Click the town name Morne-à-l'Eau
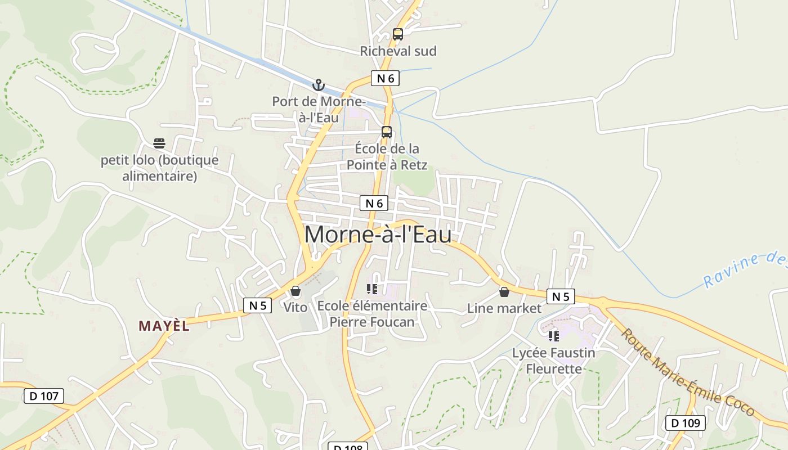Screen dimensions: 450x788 pos(378,235)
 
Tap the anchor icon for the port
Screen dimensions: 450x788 pos(319,85)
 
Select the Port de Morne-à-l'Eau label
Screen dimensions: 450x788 pos(319,110)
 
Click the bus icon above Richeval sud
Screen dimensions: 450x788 pos(398,34)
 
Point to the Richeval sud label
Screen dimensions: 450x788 pos(398,51)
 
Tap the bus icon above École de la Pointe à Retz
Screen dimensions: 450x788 pos(387,132)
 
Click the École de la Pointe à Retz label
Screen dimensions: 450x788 pos(387,157)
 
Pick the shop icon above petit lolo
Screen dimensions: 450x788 pos(159,143)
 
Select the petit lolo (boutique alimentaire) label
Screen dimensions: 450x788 pos(160,168)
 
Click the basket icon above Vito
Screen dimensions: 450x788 pos(295,291)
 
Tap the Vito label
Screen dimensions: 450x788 pos(295,307)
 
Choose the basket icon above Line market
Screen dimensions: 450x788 pos(504,292)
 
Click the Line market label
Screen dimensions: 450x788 pos(504,308)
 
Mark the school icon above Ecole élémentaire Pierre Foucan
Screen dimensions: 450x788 pos(372,289)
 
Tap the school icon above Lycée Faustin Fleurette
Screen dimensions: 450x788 pos(554,336)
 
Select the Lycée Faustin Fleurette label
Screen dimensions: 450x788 pos(554,361)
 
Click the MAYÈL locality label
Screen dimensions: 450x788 pos(164,326)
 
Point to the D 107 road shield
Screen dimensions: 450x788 pos(44,396)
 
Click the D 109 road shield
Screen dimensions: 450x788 pos(686,423)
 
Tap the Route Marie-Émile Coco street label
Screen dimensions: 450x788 pos(687,372)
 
